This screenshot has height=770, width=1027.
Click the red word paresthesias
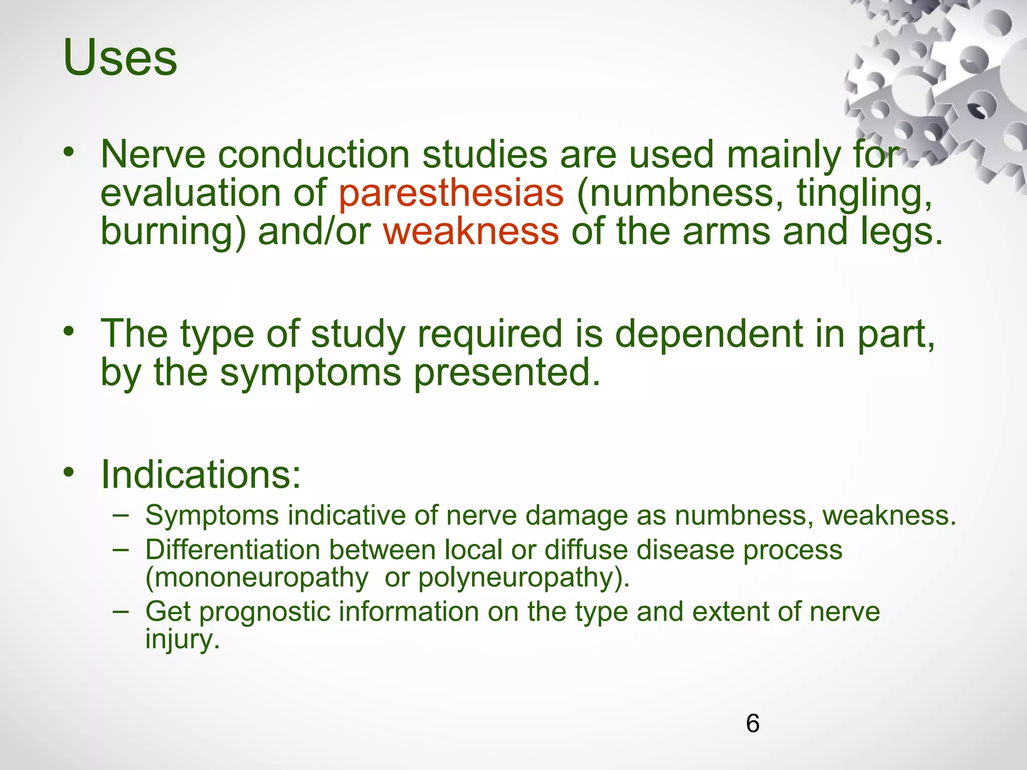(x=451, y=194)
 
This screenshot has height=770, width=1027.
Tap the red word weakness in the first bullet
(x=471, y=232)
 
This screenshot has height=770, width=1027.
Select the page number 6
(x=752, y=723)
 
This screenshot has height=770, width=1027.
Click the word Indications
(x=201, y=474)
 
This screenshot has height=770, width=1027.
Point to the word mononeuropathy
(x=257, y=578)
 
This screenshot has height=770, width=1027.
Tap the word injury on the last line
(x=182, y=640)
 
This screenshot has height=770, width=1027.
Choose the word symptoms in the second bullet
(x=310, y=373)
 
